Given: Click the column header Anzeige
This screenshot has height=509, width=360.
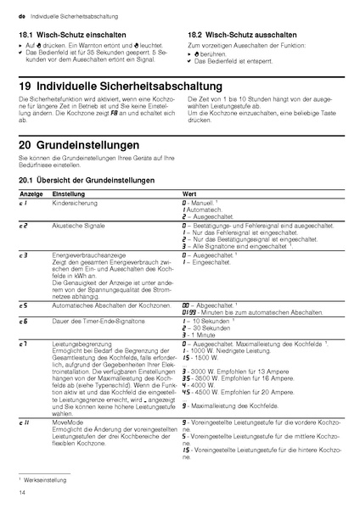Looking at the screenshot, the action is point(31,194).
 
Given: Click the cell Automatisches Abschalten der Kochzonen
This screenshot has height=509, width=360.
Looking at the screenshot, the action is point(106,304).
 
